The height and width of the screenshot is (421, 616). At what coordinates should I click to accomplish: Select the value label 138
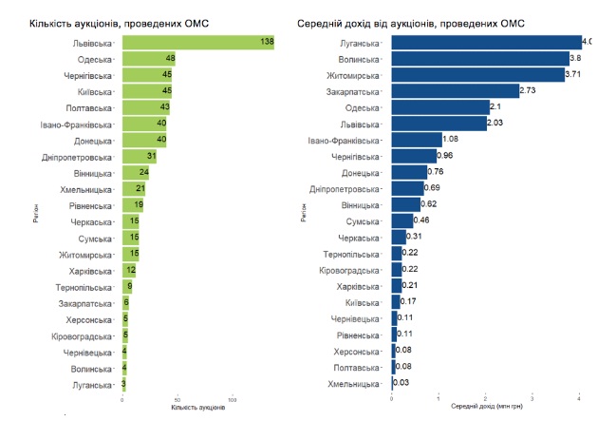click(266, 43)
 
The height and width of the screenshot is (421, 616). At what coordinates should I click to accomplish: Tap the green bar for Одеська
click(148, 59)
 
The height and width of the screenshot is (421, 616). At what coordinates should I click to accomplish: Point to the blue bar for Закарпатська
click(456, 90)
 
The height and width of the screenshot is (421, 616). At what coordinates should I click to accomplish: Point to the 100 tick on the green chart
click(232, 399)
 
